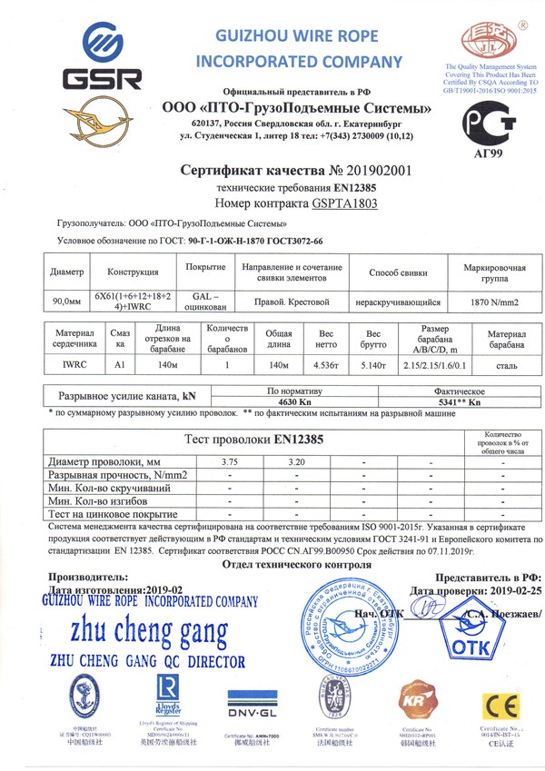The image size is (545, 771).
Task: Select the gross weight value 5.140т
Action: tap(372, 365)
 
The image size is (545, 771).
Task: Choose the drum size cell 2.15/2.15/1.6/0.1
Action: tap(436, 365)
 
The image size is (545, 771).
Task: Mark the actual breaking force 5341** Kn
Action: tap(448, 402)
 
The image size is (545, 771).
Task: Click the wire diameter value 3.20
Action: tap(296, 462)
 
